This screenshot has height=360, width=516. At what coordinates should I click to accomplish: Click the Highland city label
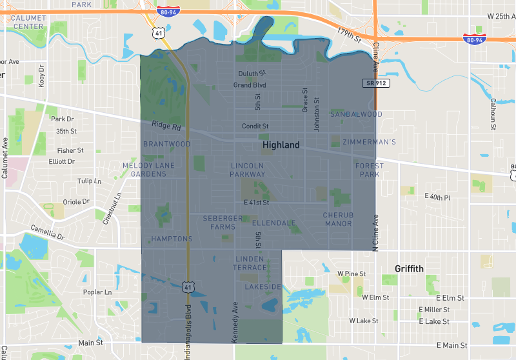pos(281,145)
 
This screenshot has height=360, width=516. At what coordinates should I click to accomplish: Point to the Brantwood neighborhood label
pos(167,144)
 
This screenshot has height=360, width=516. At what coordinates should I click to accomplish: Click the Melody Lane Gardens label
pos(149,170)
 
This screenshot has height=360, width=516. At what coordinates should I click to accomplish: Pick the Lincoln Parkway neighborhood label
pos(248,170)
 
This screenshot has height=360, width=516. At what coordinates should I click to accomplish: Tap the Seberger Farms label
pos(223,223)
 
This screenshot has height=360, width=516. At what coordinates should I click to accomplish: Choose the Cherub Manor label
pos(339,219)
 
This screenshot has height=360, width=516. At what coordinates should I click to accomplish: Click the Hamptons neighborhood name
pos(172,239)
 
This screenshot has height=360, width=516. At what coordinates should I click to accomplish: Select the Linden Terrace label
pos(250,263)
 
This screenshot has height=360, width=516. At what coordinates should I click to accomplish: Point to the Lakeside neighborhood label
pos(263,286)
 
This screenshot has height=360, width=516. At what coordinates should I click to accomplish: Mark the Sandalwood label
pos(356,114)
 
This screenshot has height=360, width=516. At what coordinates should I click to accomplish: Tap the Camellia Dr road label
pos(48,232)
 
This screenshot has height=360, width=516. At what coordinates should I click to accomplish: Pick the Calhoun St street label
pos(493,110)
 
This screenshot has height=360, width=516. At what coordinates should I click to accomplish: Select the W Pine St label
pos(352,274)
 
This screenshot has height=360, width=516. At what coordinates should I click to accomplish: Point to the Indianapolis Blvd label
pos(189,323)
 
